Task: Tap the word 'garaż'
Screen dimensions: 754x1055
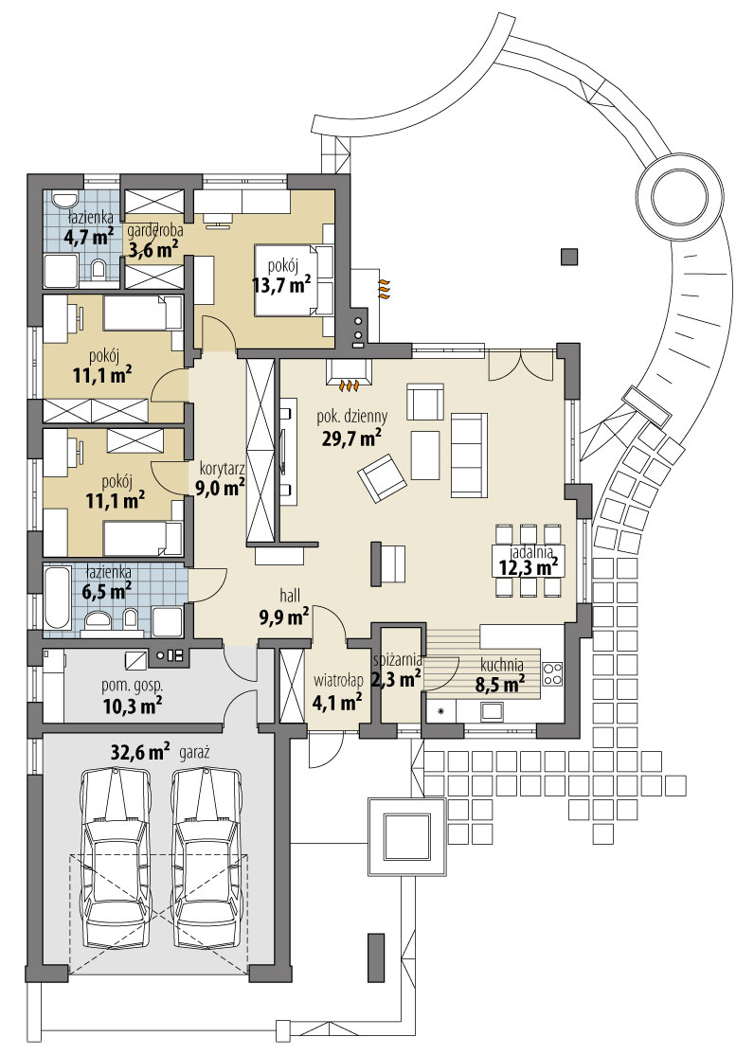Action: (194, 753)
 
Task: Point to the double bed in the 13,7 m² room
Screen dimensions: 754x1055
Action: (295, 279)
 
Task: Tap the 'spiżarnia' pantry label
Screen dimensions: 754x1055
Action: (397, 660)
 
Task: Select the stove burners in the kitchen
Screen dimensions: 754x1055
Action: (552, 673)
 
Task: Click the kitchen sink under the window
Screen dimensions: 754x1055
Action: (493, 710)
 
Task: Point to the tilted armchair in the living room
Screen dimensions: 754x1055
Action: (382, 477)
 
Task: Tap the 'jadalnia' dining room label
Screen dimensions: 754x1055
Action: (531, 552)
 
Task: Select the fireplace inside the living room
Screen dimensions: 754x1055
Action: (348, 372)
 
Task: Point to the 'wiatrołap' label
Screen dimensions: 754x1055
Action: (338, 681)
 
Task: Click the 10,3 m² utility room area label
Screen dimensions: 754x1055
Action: (132, 706)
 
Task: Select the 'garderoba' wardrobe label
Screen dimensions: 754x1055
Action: (154, 230)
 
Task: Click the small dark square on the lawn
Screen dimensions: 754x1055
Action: (569, 257)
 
